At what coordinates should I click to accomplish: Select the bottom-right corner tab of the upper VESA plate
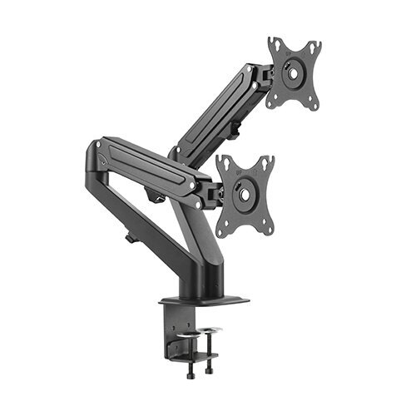(314, 106)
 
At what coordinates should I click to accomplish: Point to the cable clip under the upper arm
(235, 128)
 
